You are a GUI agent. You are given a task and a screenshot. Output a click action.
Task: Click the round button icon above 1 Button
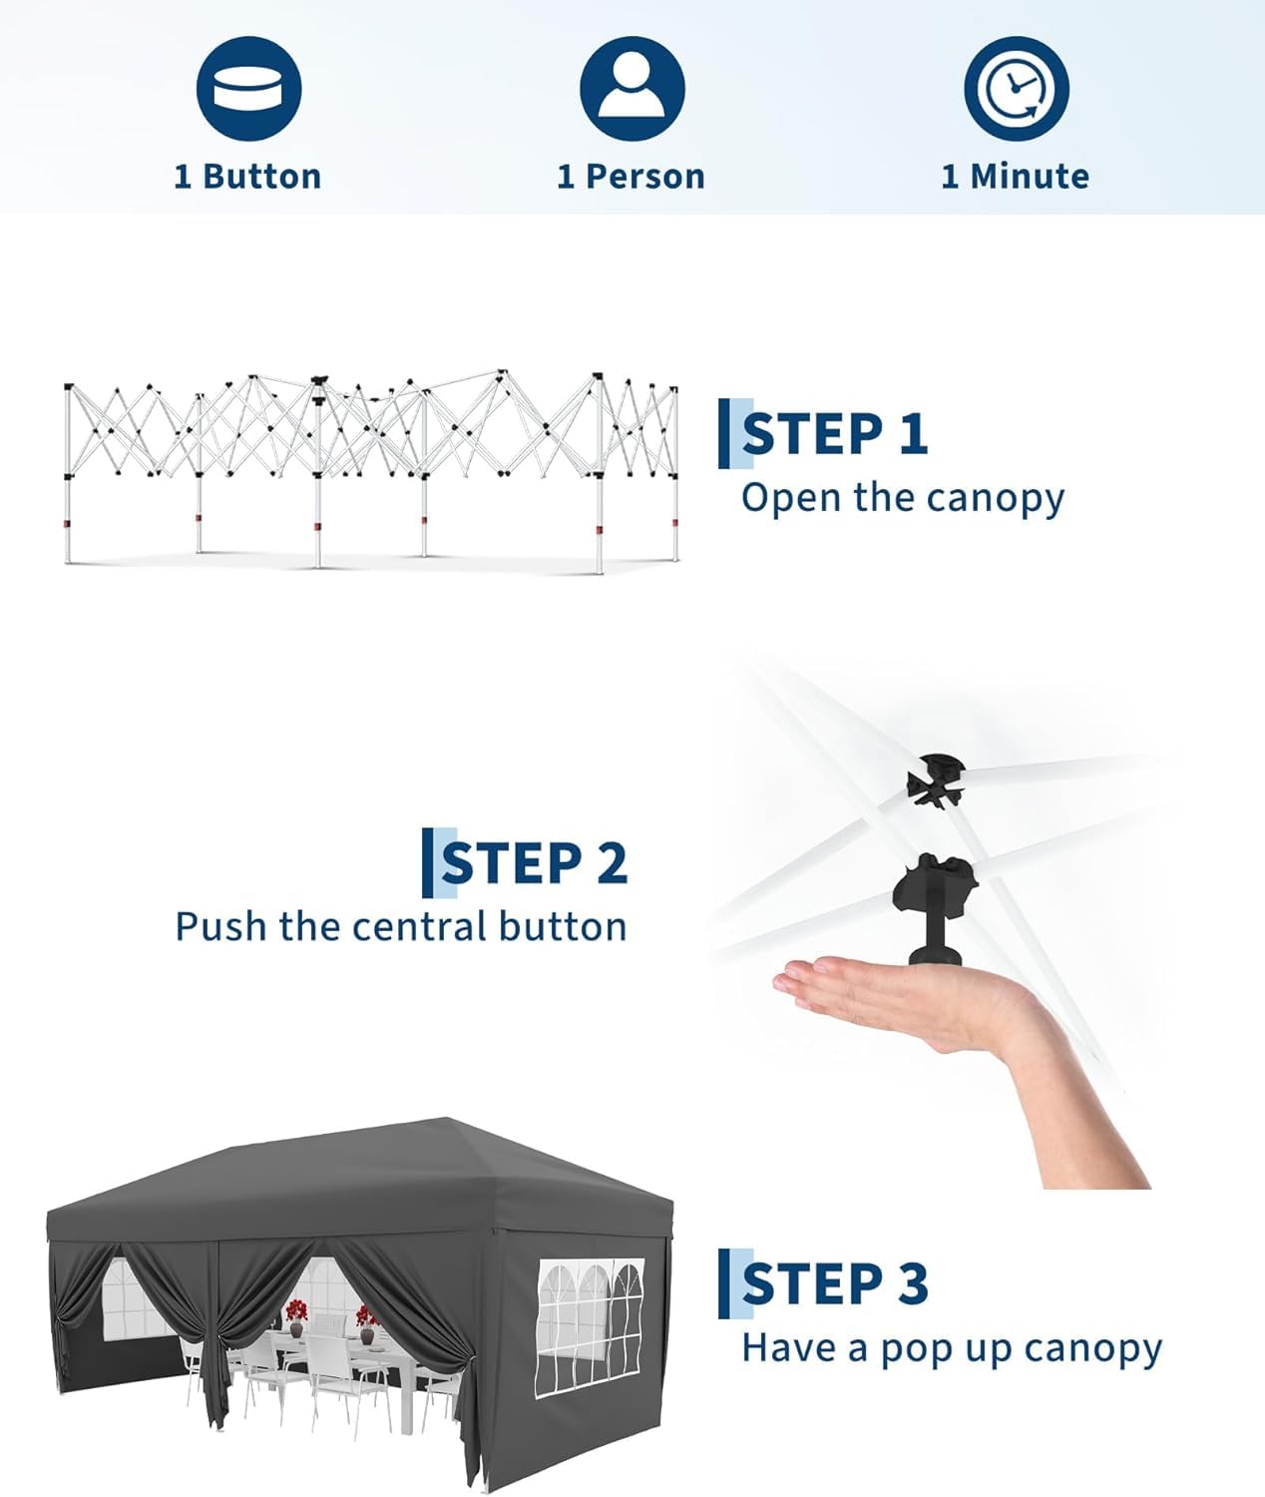[249, 89]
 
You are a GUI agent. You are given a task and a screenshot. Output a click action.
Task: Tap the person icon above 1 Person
[632, 89]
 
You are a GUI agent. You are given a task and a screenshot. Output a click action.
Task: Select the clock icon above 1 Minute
[1016, 89]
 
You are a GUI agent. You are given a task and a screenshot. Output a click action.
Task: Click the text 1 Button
[247, 177]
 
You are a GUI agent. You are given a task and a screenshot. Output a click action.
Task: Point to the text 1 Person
[631, 177]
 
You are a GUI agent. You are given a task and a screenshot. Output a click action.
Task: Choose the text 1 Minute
[1016, 177]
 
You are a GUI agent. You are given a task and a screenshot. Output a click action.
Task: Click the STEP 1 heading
[835, 434]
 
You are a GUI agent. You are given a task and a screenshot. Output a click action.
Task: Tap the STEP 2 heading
[535, 862]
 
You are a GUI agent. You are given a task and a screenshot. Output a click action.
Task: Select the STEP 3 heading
[835, 1283]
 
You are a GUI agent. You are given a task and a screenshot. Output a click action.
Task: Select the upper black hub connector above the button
[936, 781]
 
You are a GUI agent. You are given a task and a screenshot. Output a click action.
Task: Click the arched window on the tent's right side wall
[590, 1326]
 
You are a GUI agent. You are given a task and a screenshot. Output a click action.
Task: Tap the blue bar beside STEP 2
[427, 862]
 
